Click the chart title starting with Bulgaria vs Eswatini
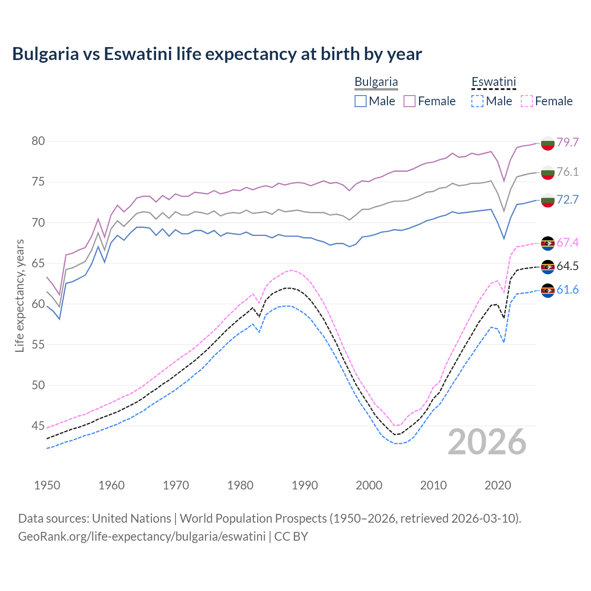click(217, 54)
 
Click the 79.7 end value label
click(567, 142)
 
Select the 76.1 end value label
click(567, 172)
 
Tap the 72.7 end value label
click(567, 199)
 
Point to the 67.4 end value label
click(567, 242)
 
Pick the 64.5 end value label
click(567, 266)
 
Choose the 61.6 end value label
click(567, 289)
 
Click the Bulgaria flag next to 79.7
click(548, 143)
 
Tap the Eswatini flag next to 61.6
click(548, 290)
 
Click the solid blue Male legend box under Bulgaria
click(361, 101)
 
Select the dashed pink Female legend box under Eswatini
click(527, 101)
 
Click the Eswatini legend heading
click(494, 82)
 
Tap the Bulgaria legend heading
click(376, 82)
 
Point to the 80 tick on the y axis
click(38, 141)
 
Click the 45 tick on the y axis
click(38, 426)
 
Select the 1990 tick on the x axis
click(305, 485)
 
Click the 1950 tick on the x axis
click(47, 485)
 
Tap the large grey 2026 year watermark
click(487, 442)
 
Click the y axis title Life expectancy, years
click(19, 295)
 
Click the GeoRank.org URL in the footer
click(142, 537)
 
